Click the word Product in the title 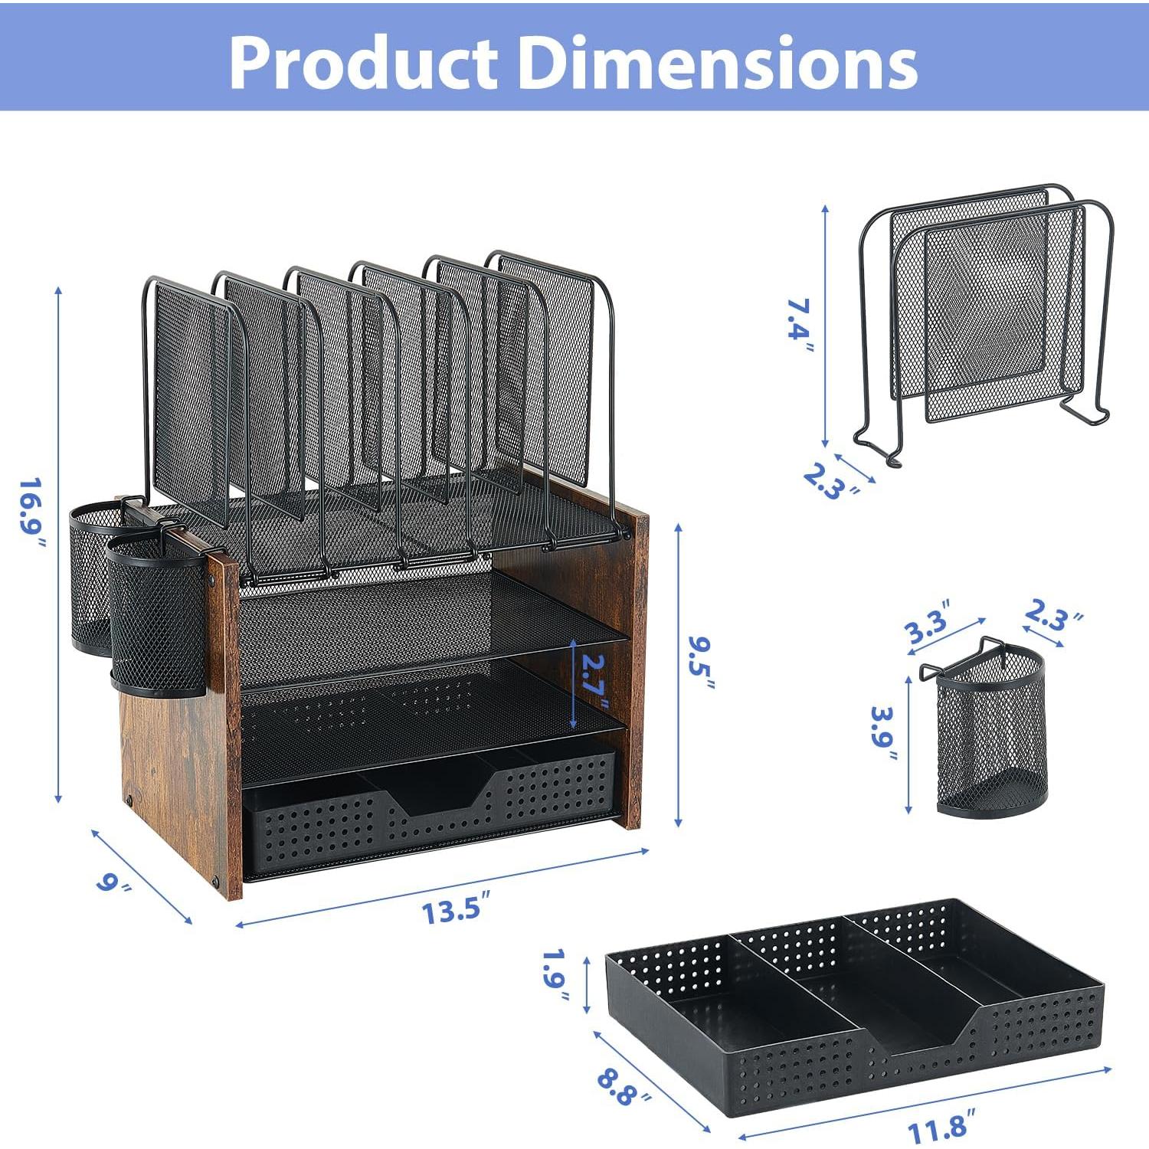click(x=364, y=63)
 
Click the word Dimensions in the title click(x=719, y=63)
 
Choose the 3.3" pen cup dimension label click(x=928, y=622)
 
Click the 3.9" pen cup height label click(x=884, y=733)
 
